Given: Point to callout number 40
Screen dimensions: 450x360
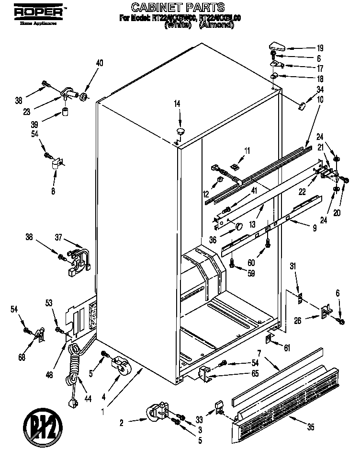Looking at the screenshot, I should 100,63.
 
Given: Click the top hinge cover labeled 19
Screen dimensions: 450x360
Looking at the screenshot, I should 277,46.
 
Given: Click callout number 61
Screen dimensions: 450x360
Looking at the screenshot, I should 287,347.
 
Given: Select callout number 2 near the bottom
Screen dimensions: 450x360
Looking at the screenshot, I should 122,422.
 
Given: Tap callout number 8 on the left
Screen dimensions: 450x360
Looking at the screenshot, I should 53,191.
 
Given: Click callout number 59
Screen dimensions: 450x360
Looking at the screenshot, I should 251,274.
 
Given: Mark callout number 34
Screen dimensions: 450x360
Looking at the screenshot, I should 321,89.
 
